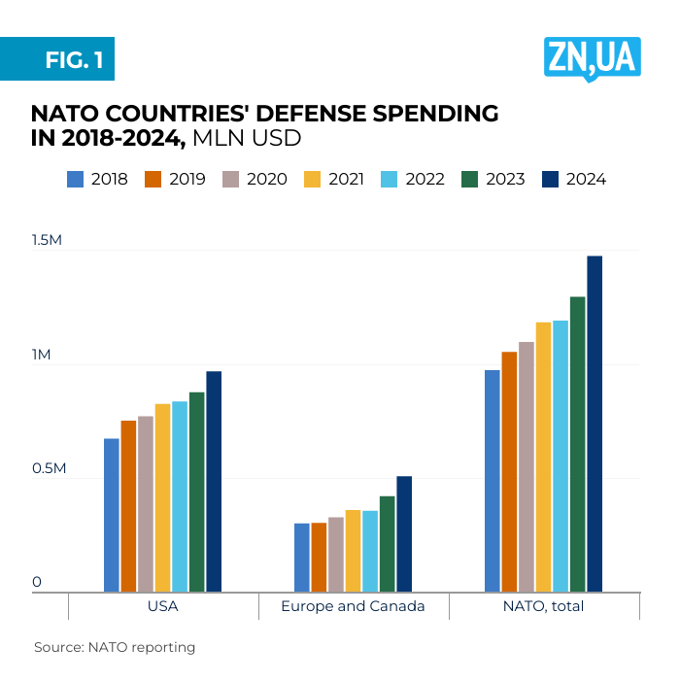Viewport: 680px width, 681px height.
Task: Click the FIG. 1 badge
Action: tap(58, 60)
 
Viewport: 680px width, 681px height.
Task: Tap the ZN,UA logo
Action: tap(592, 57)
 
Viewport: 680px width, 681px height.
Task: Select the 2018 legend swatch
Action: tap(76, 179)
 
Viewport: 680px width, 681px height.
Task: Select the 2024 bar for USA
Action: tap(214, 481)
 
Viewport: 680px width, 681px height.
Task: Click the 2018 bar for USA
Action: tap(112, 515)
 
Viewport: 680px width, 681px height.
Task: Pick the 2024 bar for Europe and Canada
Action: tap(404, 533)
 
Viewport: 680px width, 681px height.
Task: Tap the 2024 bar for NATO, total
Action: tap(595, 424)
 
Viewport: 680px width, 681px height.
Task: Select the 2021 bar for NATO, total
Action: tap(543, 457)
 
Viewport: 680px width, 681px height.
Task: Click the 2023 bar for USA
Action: tap(196, 492)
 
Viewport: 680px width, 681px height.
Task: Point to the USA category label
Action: tap(162, 606)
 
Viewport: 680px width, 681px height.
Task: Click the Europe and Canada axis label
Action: tap(353, 606)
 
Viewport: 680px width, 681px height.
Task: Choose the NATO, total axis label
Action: tap(543, 606)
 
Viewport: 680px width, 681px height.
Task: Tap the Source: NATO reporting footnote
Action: tap(115, 647)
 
